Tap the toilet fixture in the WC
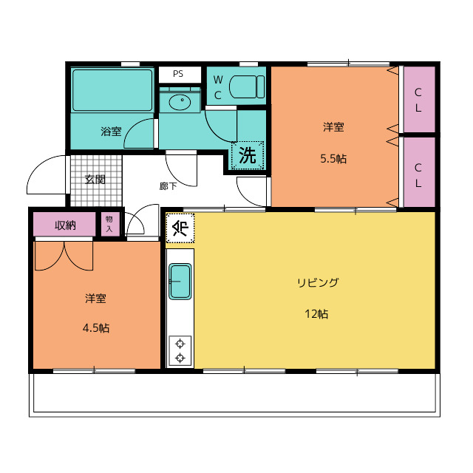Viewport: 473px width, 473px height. pyautogui.click(x=247, y=87)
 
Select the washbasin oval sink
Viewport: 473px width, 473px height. pyautogui.click(x=180, y=103)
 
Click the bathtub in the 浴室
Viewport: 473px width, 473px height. pyautogui.click(x=112, y=90)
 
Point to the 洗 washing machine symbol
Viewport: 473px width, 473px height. pyautogui.click(x=248, y=155)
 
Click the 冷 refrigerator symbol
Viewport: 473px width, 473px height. pyautogui.click(x=180, y=228)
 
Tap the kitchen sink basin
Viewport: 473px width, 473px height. pyautogui.click(x=180, y=282)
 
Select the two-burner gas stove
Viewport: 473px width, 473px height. pyautogui.click(x=180, y=351)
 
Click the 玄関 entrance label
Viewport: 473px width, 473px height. pyautogui.click(x=95, y=180)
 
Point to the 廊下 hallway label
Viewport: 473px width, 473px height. pyautogui.click(x=168, y=186)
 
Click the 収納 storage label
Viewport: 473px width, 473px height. pyautogui.click(x=65, y=225)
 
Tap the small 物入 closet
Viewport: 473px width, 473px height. pyautogui.click(x=110, y=224)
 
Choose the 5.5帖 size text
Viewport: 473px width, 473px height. pyautogui.click(x=333, y=158)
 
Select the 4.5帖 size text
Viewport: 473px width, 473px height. pyautogui.click(x=96, y=327)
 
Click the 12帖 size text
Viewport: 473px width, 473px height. pyautogui.click(x=316, y=314)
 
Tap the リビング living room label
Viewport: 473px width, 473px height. pyautogui.click(x=318, y=282)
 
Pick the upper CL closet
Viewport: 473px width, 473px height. pyautogui.click(x=419, y=99)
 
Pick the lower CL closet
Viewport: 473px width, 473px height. pyautogui.click(x=419, y=172)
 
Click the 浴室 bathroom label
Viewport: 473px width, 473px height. pyautogui.click(x=111, y=132)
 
